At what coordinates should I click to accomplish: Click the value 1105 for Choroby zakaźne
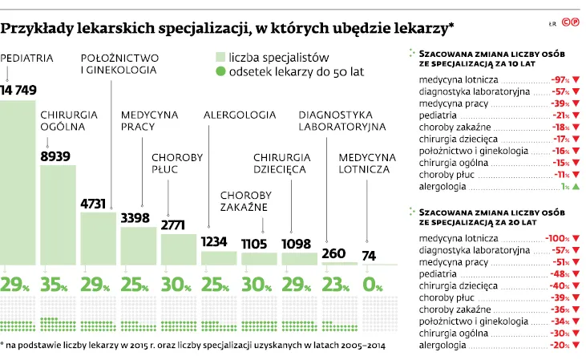click(x=259, y=243)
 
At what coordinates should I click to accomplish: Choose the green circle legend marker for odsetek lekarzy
click(x=220, y=71)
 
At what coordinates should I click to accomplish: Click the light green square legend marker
click(x=220, y=57)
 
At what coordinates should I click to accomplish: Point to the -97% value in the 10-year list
click(x=559, y=81)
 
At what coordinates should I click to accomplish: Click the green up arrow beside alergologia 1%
click(x=576, y=186)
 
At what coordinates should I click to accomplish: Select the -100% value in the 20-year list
click(x=557, y=239)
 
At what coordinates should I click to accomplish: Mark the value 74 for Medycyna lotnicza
click(x=368, y=256)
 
